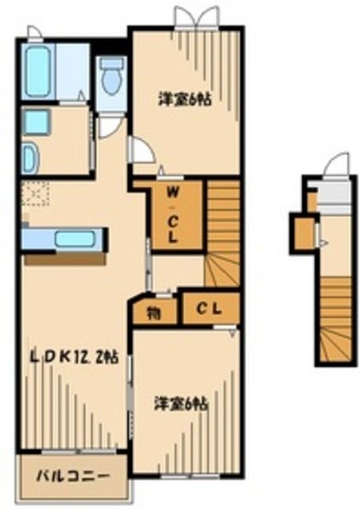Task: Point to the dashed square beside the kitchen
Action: click(35, 192)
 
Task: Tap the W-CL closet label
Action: click(172, 215)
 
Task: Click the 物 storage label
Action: click(154, 312)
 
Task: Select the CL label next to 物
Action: click(210, 309)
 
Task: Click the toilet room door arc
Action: click(110, 126)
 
